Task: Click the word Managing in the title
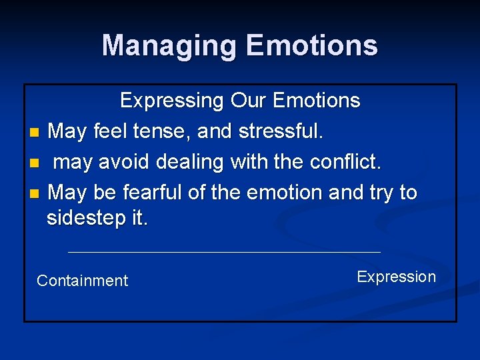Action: (x=170, y=45)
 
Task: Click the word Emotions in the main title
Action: (x=312, y=45)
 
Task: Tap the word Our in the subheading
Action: (x=249, y=101)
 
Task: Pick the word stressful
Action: (x=281, y=131)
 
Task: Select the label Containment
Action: (x=82, y=281)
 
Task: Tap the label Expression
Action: (x=396, y=277)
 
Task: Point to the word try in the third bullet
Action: (x=382, y=193)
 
